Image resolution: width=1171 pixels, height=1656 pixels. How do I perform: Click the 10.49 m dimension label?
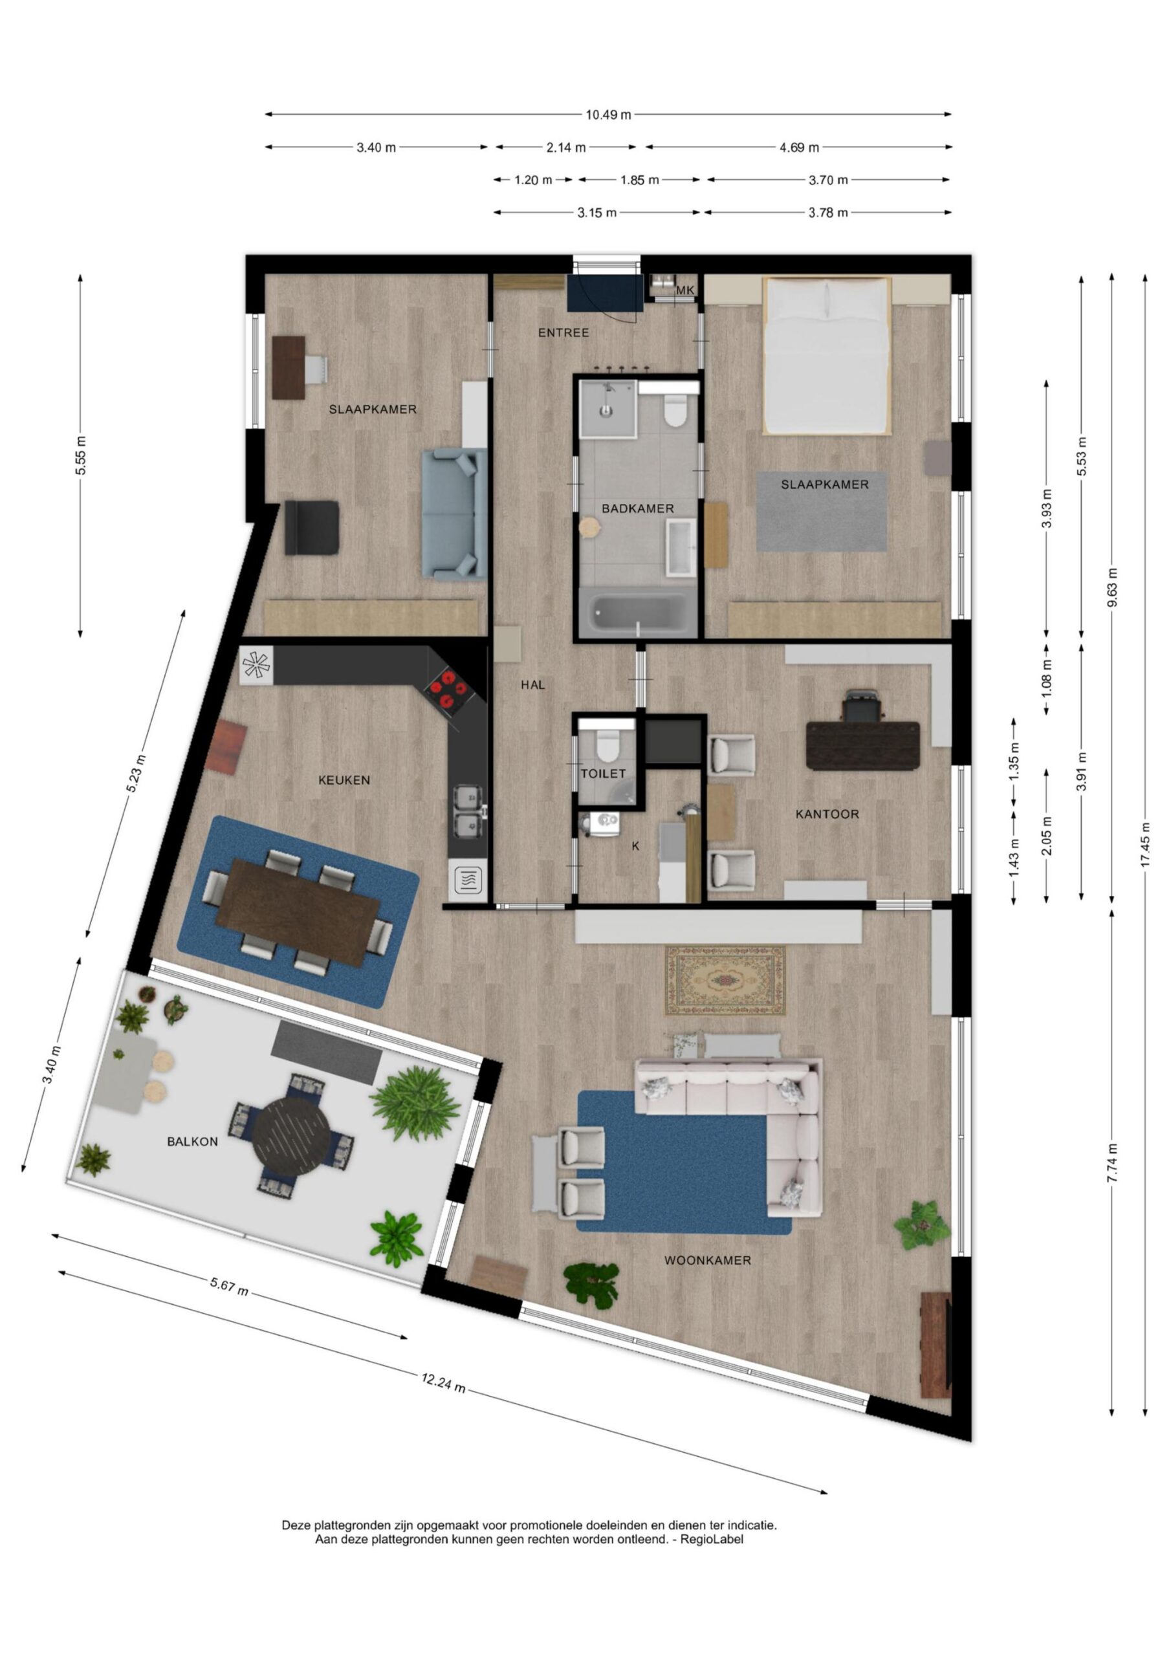click(x=608, y=114)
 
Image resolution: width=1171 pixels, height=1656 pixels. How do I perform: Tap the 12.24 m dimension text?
click(x=443, y=1382)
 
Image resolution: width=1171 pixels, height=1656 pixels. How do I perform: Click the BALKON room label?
click(x=192, y=1142)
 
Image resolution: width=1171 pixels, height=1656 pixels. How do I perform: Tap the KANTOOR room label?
click(x=827, y=814)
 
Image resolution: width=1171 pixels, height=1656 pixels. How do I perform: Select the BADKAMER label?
click(x=638, y=508)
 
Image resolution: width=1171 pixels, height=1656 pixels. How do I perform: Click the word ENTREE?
click(x=564, y=332)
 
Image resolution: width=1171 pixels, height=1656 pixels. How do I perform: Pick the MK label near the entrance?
click(x=685, y=290)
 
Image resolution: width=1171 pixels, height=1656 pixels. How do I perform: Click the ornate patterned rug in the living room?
click(x=725, y=981)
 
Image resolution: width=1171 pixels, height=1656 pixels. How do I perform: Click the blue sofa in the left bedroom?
click(x=454, y=514)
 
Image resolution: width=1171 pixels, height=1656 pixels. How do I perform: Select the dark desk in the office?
click(x=862, y=745)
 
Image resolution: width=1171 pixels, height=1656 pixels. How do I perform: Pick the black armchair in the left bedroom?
click(x=312, y=528)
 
